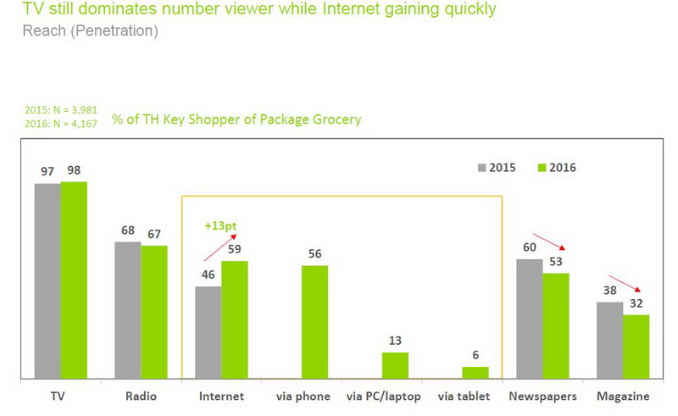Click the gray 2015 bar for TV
(x=47, y=280)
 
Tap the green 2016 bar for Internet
(x=235, y=319)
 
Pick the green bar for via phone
(x=315, y=322)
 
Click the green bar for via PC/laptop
(x=395, y=365)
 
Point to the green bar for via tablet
(x=475, y=372)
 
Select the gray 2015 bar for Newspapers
(x=530, y=319)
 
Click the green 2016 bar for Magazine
(x=636, y=347)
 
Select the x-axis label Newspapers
(x=542, y=397)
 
